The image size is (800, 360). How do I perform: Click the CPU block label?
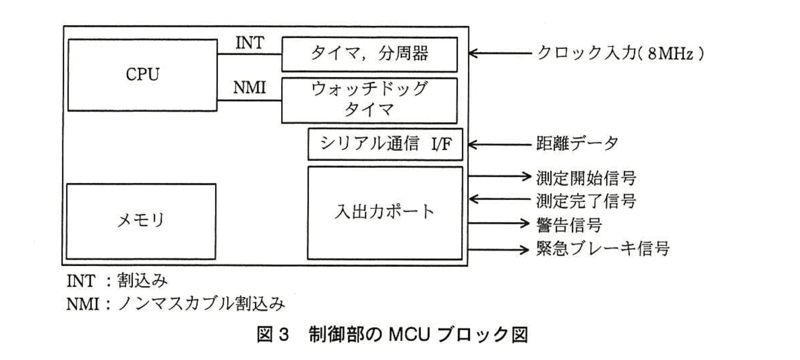pos(142,74)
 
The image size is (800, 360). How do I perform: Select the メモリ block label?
pos(141,221)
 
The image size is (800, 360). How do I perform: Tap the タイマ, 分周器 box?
pos(369,53)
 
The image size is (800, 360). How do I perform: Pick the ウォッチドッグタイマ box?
pos(369,100)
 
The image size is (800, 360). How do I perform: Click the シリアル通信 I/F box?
pos(385,144)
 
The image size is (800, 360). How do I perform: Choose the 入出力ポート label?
pos(384,211)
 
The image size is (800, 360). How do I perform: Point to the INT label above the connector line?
pos(249,43)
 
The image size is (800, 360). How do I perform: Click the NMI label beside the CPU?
pos(249,88)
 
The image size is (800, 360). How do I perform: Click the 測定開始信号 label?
pos(586,178)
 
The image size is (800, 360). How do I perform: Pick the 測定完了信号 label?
pos(586,201)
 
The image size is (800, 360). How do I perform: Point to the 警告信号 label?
pos(569,225)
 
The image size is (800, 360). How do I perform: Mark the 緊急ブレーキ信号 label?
pos(602,249)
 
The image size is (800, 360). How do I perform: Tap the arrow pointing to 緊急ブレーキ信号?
pos(499,249)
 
